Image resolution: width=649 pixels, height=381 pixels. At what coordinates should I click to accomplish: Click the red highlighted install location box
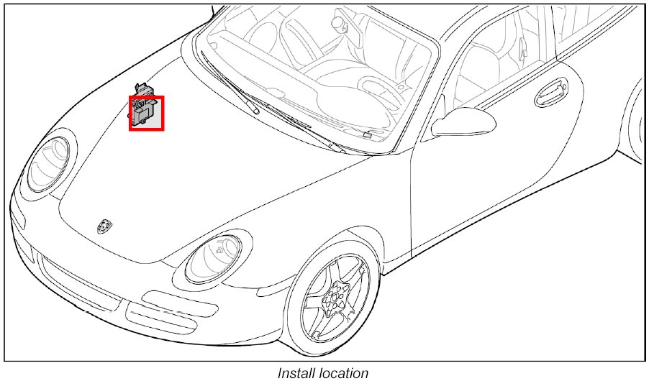point(147,114)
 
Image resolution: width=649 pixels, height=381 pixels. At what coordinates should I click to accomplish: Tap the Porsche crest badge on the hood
point(104,226)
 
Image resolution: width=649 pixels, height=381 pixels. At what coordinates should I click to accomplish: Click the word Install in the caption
point(296,372)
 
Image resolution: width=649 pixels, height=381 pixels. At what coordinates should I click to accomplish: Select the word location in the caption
point(342,372)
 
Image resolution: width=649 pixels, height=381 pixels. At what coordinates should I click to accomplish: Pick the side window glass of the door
point(496,65)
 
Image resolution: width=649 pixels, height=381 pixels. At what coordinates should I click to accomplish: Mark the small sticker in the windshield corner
point(367,134)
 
